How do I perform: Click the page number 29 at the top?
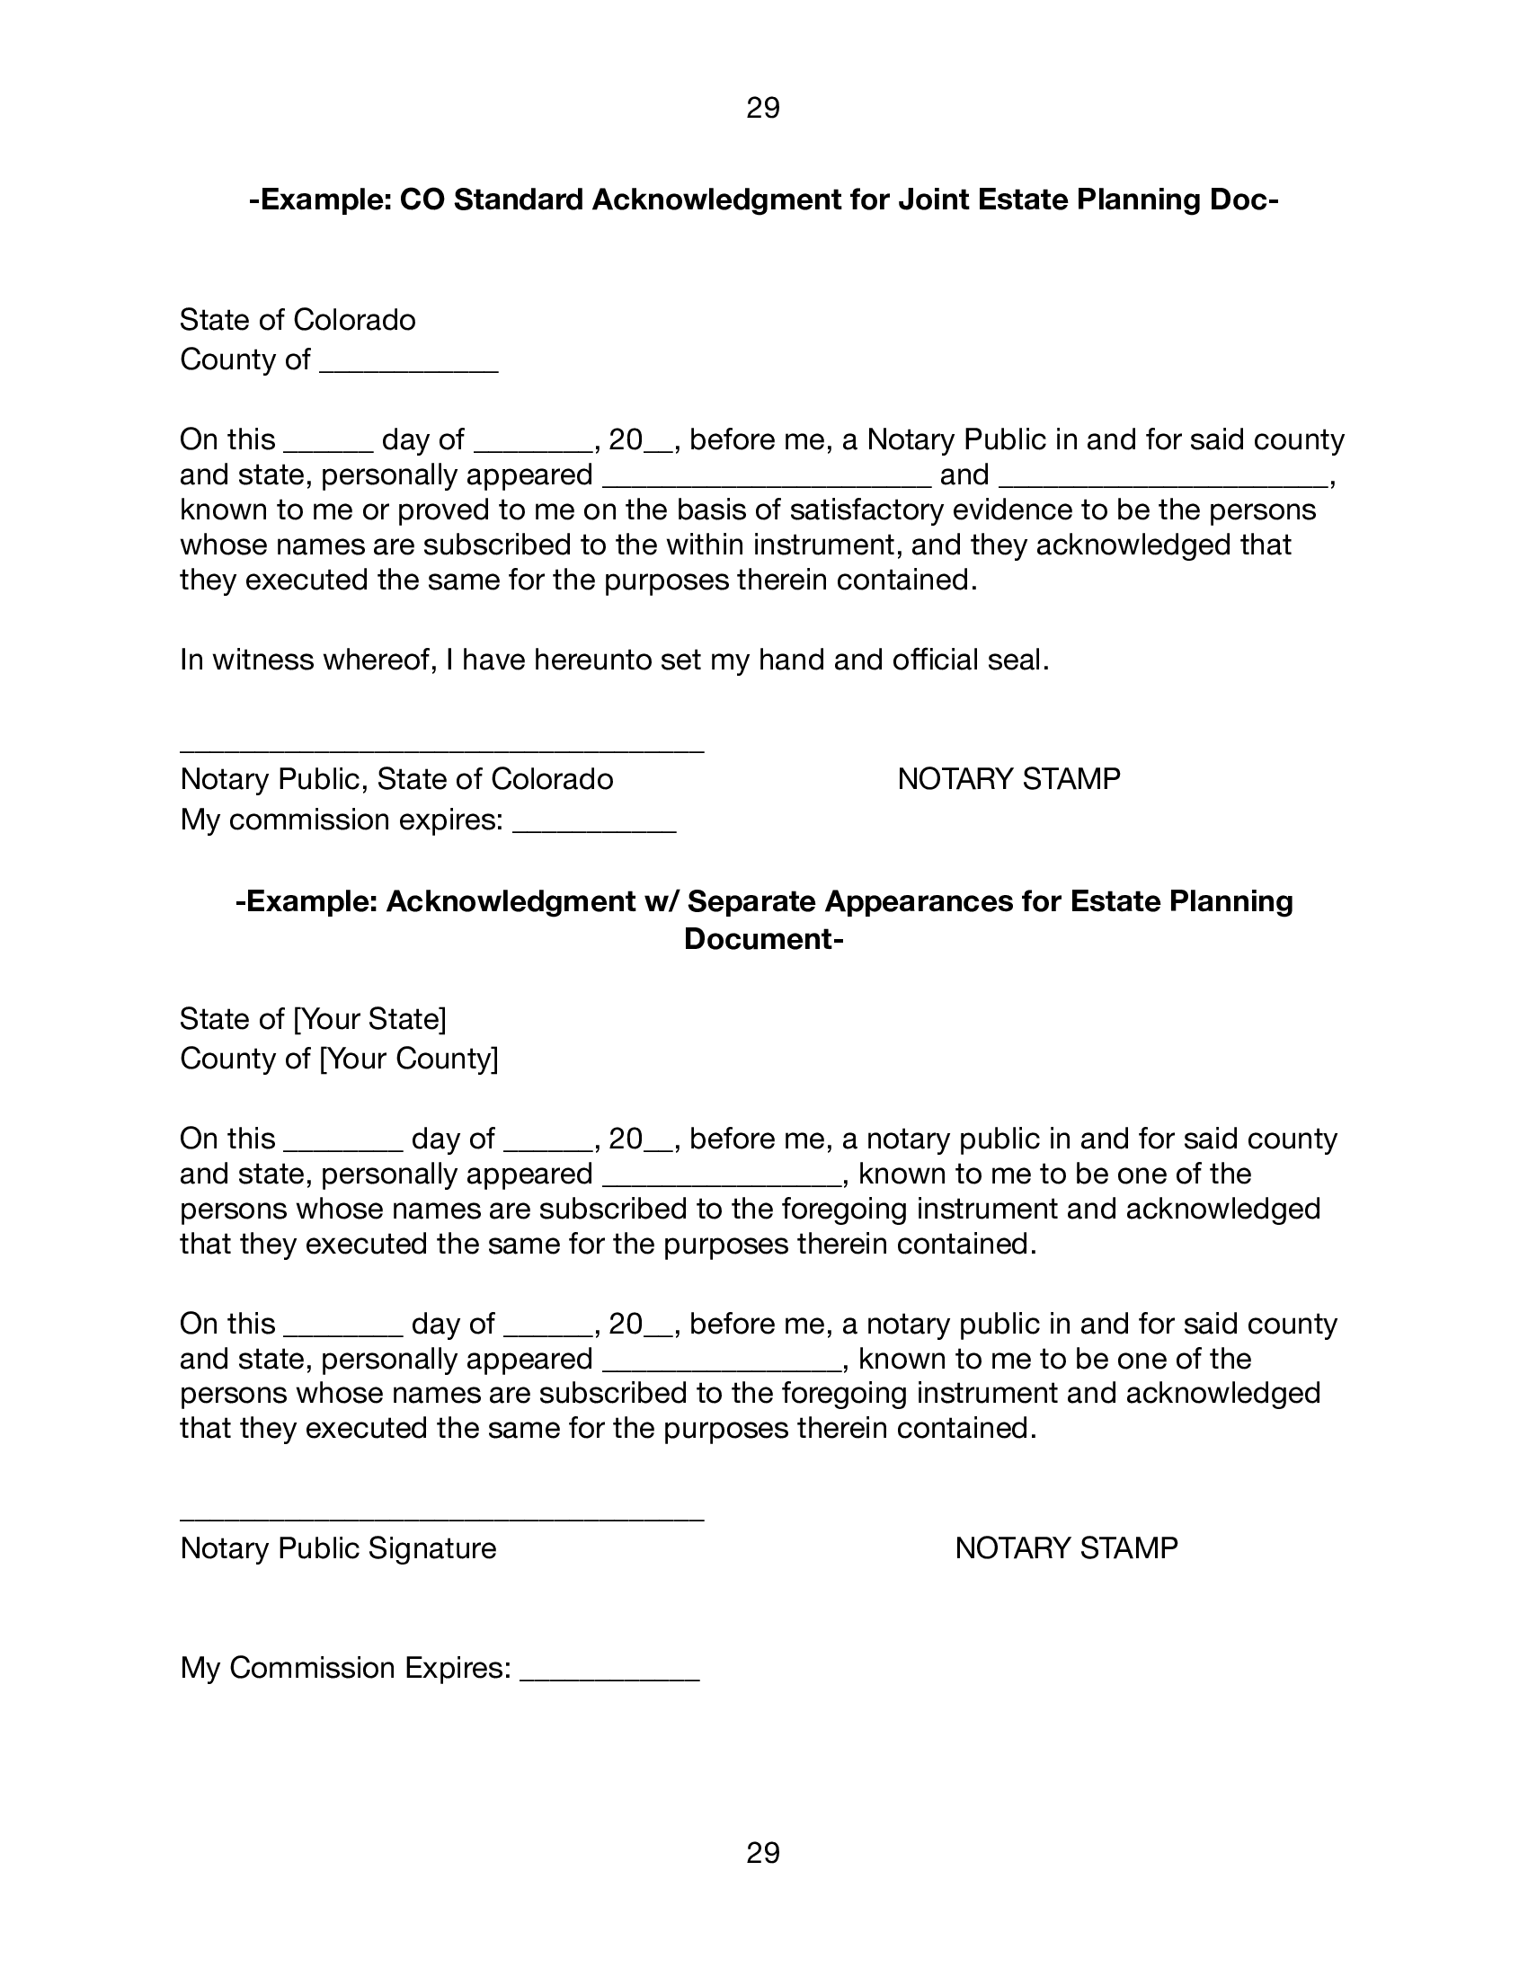tap(762, 109)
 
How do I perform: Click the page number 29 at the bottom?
tap(762, 1853)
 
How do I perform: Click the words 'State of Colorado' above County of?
tap(297, 320)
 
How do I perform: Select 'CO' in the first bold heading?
tap(422, 199)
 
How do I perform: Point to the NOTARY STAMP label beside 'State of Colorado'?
tap(1008, 778)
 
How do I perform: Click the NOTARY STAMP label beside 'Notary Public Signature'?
tap(1065, 1548)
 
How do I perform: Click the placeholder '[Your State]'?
tap(369, 1018)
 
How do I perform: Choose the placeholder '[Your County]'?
tap(409, 1058)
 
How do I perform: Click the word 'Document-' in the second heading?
tap(763, 939)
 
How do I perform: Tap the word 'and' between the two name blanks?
tap(964, 474)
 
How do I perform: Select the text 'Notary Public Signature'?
tap(338, 1548)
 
